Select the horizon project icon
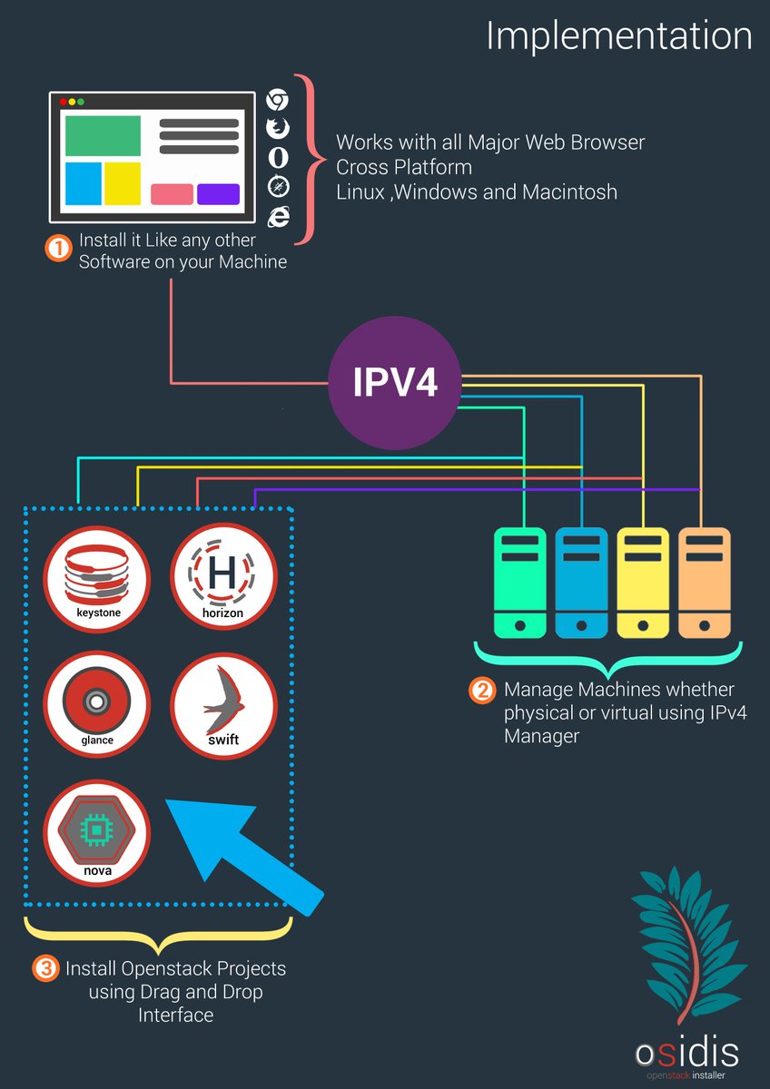click(x=222, y=580)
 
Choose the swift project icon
click(x=222, y=707)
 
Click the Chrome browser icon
click(x=278, y=101)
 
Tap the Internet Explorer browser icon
click(x=278, y=215)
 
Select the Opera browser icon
click(x=278, y=157)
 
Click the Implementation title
click(x=618, y=35)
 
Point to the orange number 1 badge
click(x=58, y=250)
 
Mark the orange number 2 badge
click(x=482, y=691)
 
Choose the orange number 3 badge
click(x=44, y=969)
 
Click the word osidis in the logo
click(x=686, y=1054)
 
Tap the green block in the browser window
click(x=103, y=135)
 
